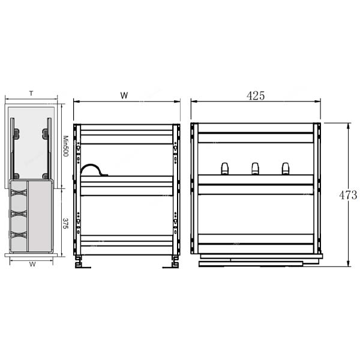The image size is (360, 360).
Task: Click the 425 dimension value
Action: [256, 95]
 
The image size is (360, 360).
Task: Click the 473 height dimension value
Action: [348, 195]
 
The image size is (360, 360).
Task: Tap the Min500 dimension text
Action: [66, 146]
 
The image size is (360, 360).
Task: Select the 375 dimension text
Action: [65, 223]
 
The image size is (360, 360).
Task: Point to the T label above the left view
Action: [31, 94]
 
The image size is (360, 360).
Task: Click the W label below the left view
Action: [32, 264]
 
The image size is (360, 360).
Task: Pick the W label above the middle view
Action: [124, 95]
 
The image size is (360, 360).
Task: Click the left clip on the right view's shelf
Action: [225, 169]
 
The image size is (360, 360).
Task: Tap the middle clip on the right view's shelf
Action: [255, 169]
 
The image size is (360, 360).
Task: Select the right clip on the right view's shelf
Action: [286, 169]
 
